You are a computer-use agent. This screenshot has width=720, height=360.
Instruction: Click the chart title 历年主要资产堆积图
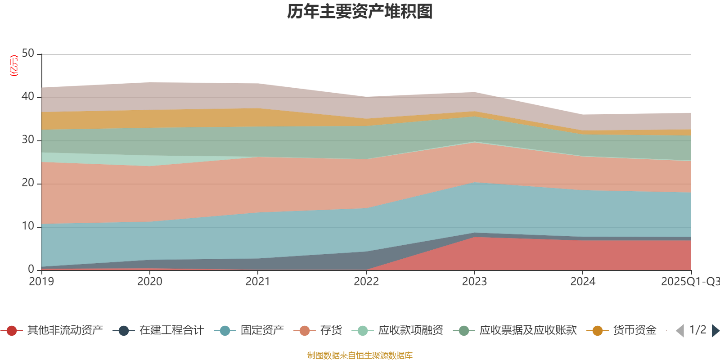pos(360,12)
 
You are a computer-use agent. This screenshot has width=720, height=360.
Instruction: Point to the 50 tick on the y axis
pos(28,54)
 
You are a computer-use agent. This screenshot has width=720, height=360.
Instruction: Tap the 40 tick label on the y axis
pos(28,97)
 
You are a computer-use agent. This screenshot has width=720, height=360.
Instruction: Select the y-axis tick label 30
pos(28,140)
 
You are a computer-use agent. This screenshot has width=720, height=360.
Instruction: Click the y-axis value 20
pos(28,183)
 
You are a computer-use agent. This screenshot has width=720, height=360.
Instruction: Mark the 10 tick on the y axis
pos(28,226)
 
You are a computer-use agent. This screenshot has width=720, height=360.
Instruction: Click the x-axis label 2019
pos(41,282)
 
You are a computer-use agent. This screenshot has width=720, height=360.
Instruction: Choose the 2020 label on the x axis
pos(149,282)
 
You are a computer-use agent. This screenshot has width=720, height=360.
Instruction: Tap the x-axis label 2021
pos(258,282)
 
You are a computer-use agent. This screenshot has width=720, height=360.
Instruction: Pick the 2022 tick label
pos(366,282)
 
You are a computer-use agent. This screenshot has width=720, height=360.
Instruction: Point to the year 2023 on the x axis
pos(474,282)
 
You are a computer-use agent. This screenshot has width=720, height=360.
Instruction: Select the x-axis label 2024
pos(583,282)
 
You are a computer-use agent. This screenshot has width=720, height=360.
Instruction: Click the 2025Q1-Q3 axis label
pos(689,282)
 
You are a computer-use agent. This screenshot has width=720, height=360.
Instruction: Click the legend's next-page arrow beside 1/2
pos(715,331)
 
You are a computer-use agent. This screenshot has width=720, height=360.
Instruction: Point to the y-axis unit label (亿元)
pos(14,66)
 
